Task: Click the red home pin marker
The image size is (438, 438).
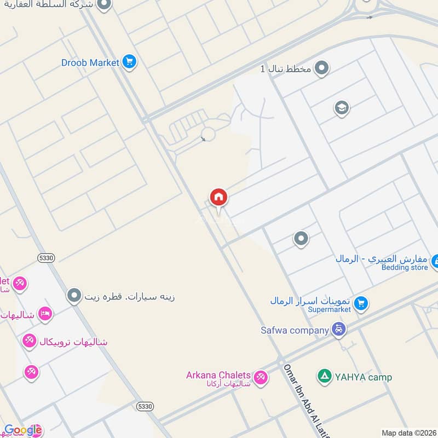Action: pyautogui.click(x=218, y=198)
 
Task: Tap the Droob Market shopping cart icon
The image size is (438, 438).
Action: pyautogui.click(x=129, y=62)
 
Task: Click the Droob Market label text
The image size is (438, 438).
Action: pyautogui.click(x=90, y=62)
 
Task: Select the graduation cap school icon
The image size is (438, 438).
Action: pyautogui.click(x=342, y=107)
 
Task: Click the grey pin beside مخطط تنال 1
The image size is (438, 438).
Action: pyautogui.click(x=322, y=69)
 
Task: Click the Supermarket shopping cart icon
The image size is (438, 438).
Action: pyautogui.click(x=360, y=302)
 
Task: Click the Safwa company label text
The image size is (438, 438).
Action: pyautogui.click(x=295, y=330)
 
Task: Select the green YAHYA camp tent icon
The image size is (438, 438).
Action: pyautogui.click(x=325, y=376)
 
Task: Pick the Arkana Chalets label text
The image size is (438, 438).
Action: pyautogui.click(x=218, y=376)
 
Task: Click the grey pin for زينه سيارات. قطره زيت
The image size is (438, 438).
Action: pyautogui.click(x=74, y=297)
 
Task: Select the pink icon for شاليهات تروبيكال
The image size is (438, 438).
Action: pyautogui.click(x=29, y=342)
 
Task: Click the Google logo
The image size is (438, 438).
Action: pyautogui.click(x=23, y=430)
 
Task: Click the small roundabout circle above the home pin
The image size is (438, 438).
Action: pyautogui.click(x=208, y=134)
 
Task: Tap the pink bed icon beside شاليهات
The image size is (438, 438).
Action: pyautogui.click(x=45, y=314)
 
